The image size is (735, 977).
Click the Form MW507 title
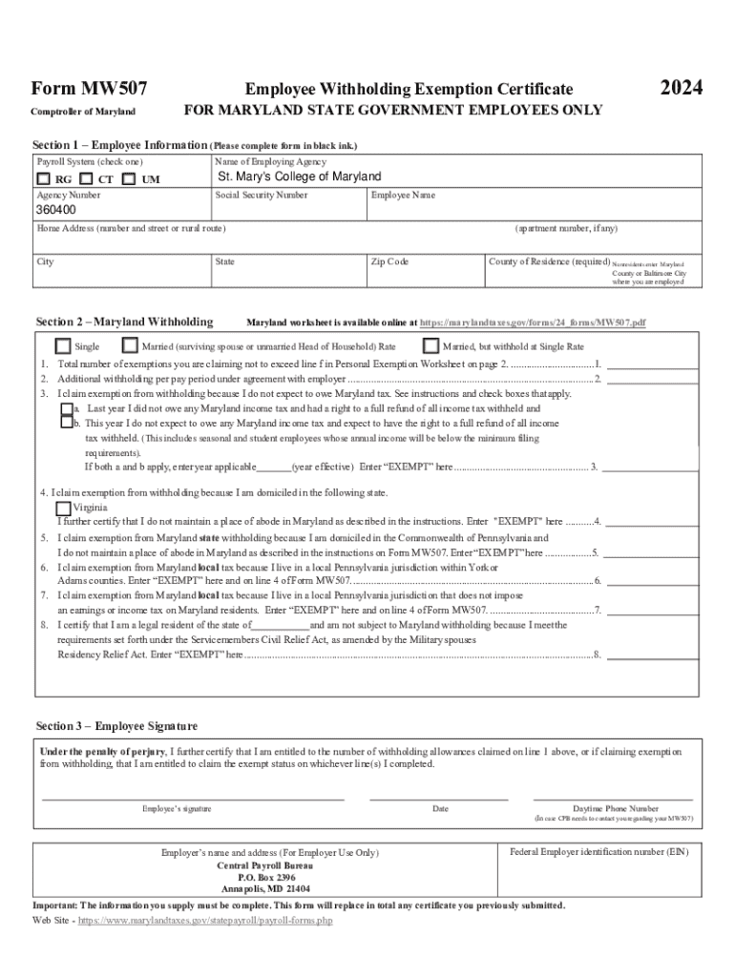[x=89, y=89]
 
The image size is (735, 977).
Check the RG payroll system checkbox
[x=45, y=178]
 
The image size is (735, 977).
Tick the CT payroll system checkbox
[x=87, y=178]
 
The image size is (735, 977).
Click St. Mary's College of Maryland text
[x=299, y=177]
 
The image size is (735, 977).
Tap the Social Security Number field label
[x=261, y=195]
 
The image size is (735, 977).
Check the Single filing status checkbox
[x=63, y=346]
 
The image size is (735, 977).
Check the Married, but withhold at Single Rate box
[x=430, y=346]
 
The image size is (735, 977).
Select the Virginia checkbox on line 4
[x=64, y=508]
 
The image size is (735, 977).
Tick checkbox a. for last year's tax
[x=67, y=408]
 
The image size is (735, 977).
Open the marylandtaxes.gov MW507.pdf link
[x=533, y=323]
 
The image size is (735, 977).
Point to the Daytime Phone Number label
[x=615, y=808]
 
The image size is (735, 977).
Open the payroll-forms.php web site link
[x=204, y=922]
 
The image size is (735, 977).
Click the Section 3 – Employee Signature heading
[x=116, y=726]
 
